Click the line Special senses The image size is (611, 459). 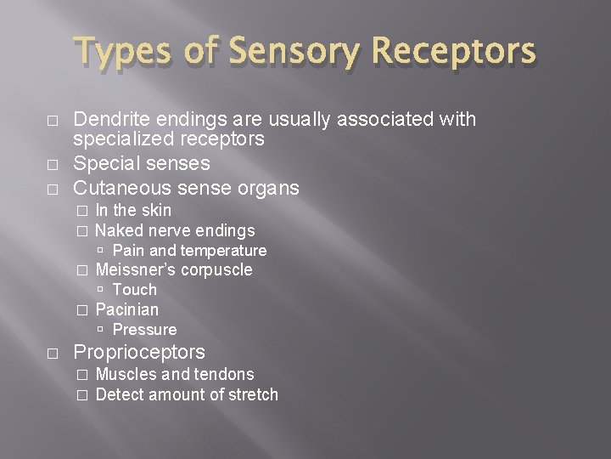142,162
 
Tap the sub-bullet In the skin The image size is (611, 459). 133,210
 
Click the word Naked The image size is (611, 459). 119,230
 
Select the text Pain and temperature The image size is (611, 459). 189,251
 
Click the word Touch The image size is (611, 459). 134,290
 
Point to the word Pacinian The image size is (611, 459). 126,309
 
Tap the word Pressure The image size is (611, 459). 144,330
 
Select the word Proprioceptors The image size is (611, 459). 139,352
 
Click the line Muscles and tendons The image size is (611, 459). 175,374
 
